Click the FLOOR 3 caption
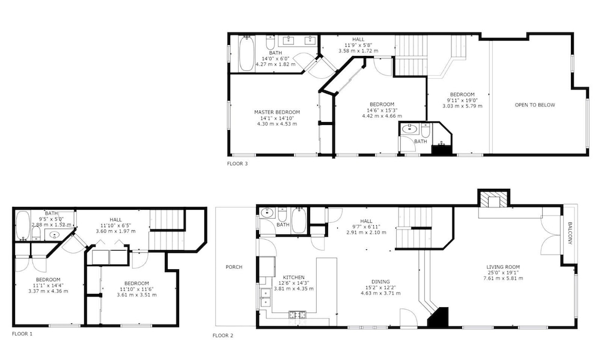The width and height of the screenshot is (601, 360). point(237,163)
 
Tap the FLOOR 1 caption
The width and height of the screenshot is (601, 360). point(22,334)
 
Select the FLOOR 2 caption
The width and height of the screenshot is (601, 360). point(223,336)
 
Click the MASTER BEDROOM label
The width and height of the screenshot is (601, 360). point(277,112)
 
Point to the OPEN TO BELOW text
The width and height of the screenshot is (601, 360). point(535,105)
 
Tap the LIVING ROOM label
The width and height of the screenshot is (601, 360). point(503,267)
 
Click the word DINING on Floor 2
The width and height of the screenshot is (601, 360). point(380,282)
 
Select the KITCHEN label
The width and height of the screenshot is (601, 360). point(294,278)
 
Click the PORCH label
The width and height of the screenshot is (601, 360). point(234,267)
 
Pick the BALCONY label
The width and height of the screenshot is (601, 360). point(570,233)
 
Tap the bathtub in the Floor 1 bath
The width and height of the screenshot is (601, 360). point(23,225)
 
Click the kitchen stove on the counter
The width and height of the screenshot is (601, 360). point(297,315)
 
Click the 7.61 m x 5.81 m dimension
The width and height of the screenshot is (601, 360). point(503,278)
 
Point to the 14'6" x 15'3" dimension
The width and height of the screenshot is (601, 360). point(382,111)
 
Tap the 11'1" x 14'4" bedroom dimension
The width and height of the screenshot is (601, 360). point(48,285)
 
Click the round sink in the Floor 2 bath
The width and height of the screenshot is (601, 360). point(266,213)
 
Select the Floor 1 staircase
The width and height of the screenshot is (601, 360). point(167,230)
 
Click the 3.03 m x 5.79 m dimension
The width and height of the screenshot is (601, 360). point(462,106)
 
